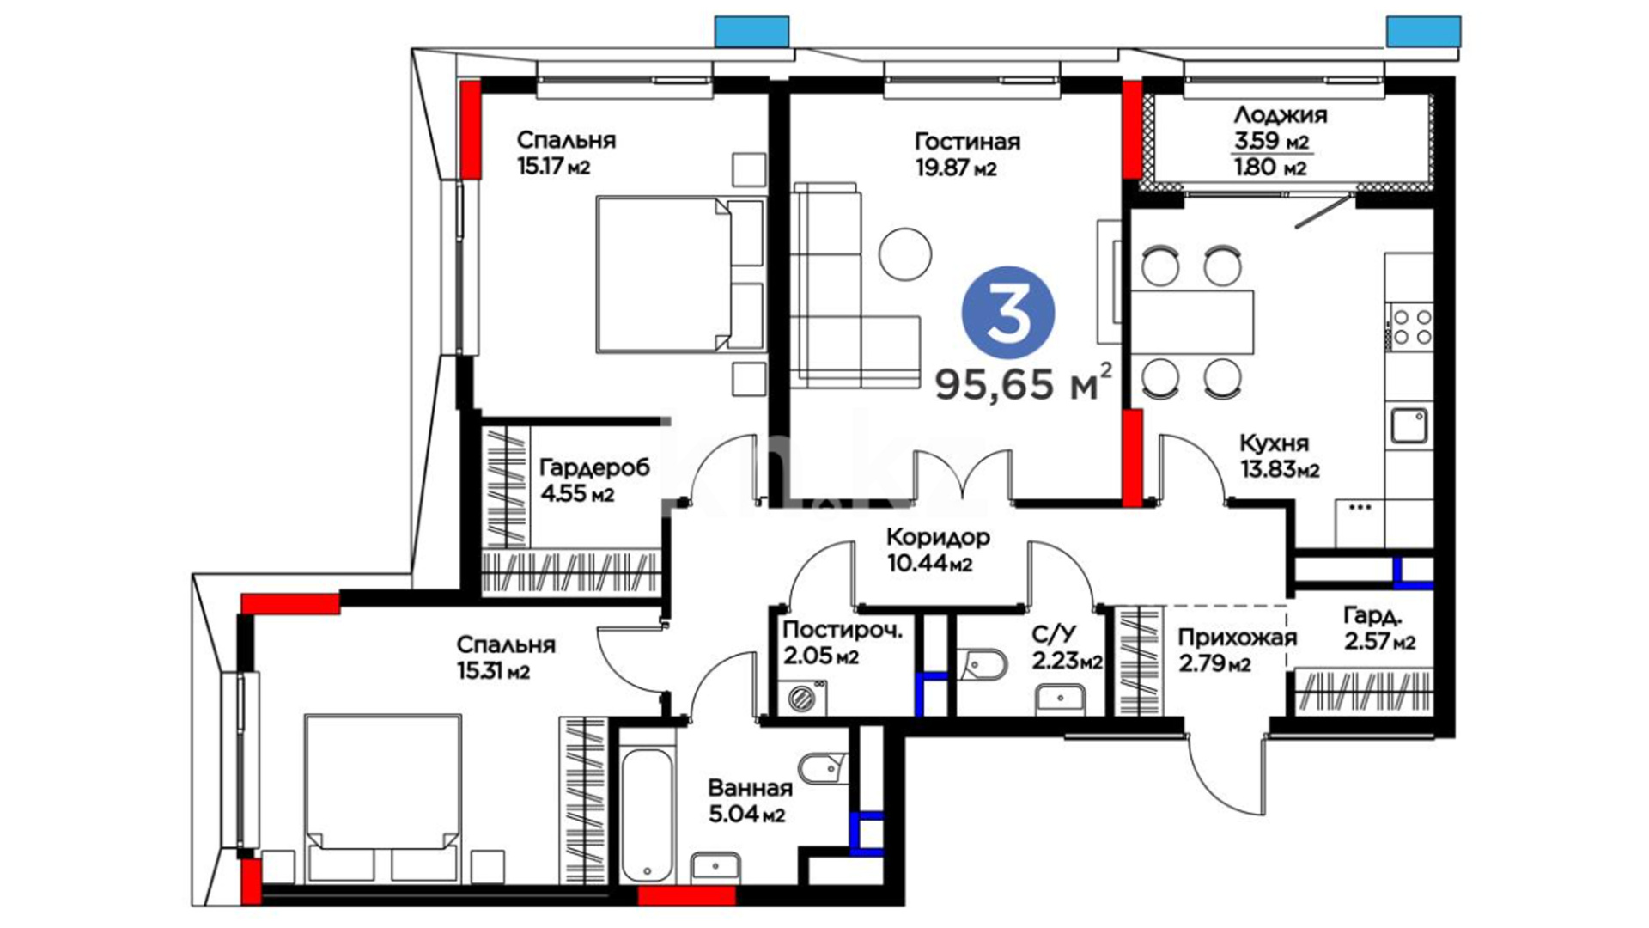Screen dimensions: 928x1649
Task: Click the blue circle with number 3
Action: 1007,311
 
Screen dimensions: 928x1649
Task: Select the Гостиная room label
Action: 967,141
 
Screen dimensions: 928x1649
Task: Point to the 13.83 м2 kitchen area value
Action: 1280,470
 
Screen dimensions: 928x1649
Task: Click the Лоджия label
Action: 1280,114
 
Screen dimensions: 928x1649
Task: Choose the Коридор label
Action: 938,537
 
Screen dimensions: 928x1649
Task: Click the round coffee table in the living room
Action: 905,253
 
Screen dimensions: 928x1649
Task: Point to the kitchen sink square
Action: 1409,425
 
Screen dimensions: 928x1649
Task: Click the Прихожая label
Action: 1236,638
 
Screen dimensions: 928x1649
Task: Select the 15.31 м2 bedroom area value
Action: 493,671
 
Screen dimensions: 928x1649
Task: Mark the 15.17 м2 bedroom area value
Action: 553,166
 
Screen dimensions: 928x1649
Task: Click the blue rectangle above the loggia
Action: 1423,31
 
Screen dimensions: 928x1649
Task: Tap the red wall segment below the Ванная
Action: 687,895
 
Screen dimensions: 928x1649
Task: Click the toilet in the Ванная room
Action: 823,765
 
